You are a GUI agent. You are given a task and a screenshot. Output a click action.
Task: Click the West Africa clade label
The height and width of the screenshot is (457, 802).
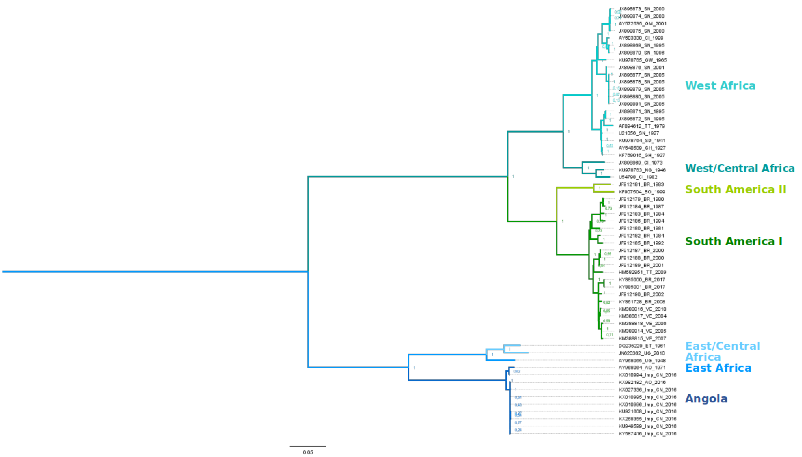(x=720, y=86)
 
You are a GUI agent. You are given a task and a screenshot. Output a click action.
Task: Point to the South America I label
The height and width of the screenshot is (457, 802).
(x=733, y=241)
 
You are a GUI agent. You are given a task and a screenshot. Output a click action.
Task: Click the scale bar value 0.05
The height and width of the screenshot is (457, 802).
(x=308, y=452)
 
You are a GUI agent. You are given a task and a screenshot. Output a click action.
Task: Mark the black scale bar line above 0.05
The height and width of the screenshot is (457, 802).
(x=308, y=446)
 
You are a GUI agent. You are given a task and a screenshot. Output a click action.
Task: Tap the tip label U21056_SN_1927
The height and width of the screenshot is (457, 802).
(x=639, y=133)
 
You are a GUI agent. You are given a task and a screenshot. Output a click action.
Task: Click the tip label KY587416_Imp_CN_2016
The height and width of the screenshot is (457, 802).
(x=647, y=434)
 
